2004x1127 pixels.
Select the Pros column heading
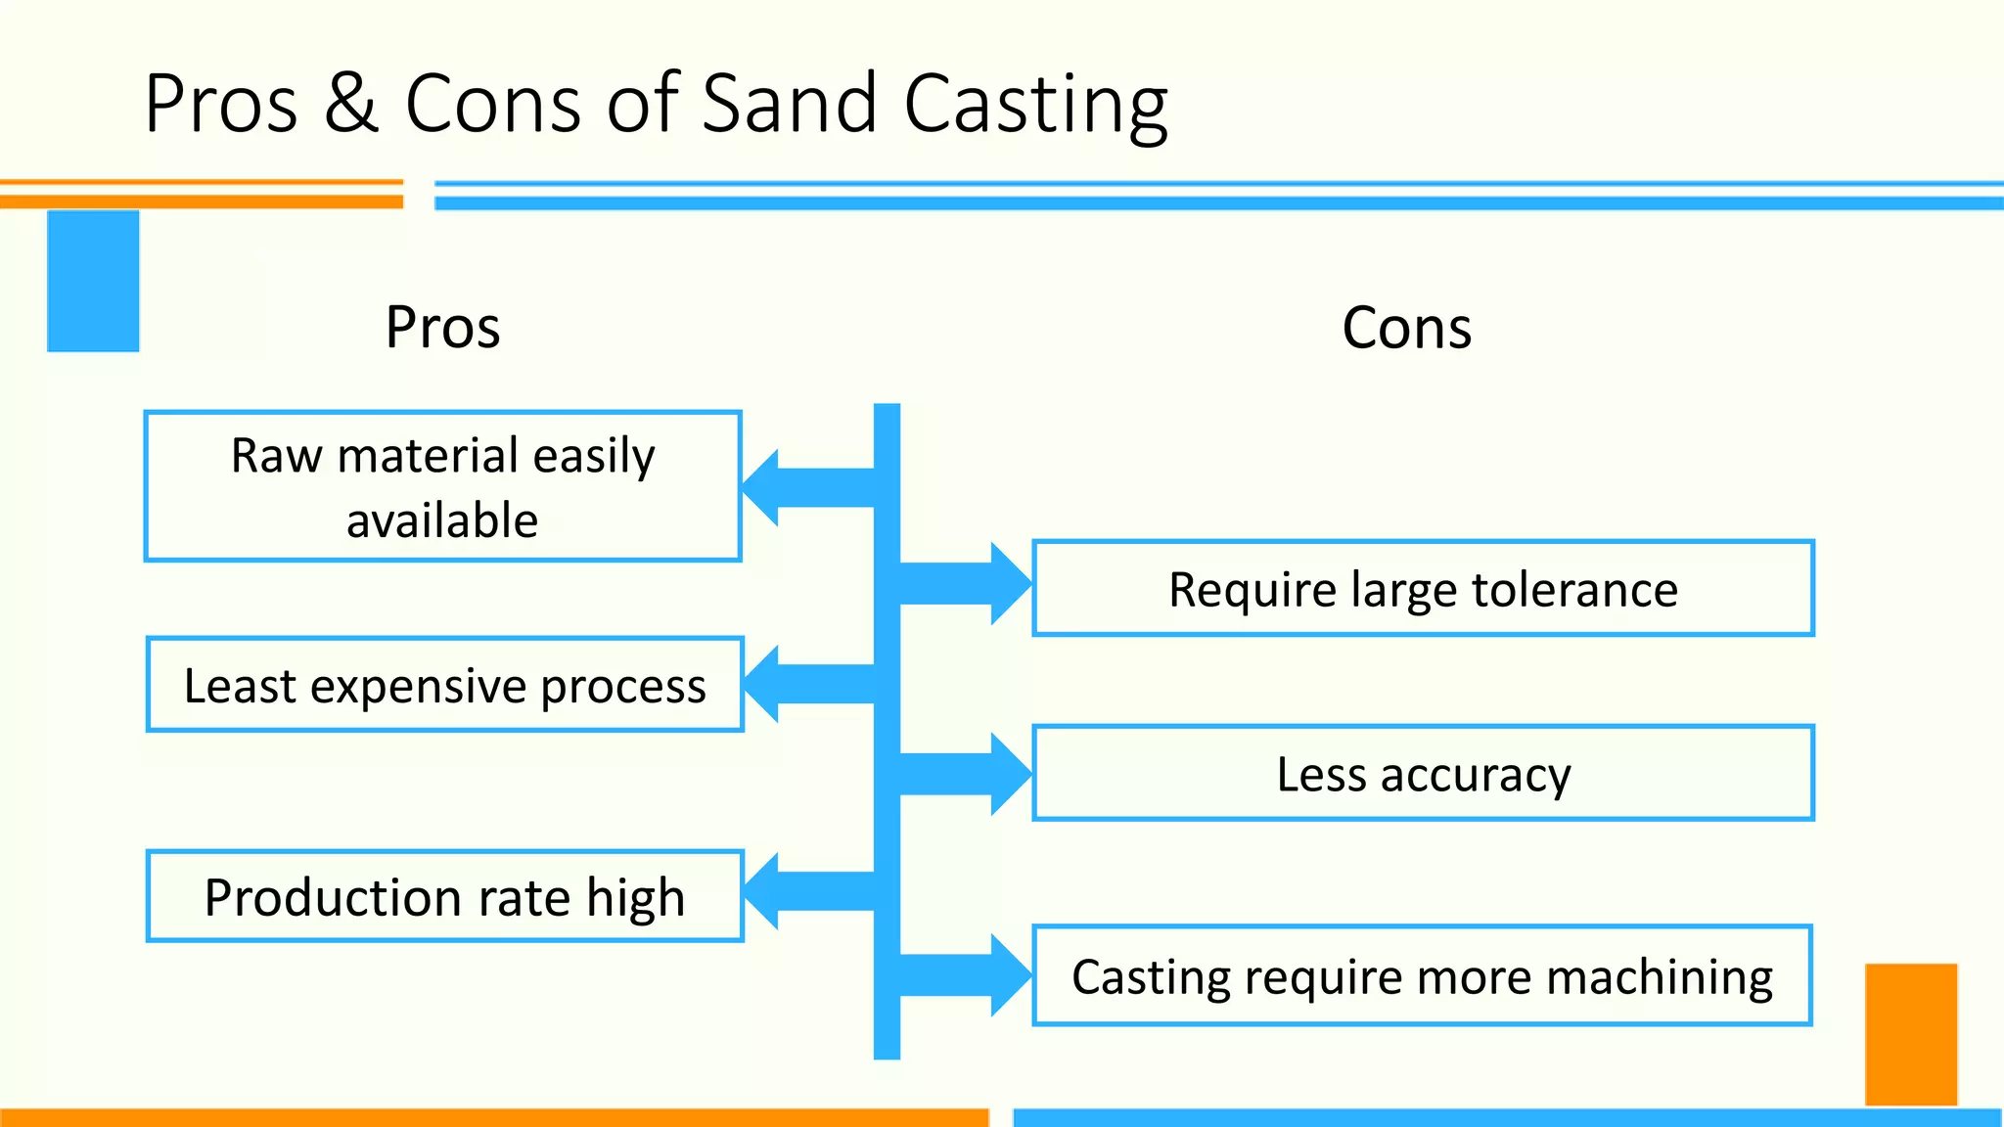[442, 327]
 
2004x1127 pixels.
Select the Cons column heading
[1406, 327]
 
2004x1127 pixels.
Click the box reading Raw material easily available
[442, 486]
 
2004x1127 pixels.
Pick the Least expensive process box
[444, 685]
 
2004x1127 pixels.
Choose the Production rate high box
[444, 896]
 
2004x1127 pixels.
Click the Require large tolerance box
[1423, 588]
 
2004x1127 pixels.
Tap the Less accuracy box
[1423, 773]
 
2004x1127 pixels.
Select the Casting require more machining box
[1422, 975]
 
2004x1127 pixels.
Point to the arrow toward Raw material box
[807, 487]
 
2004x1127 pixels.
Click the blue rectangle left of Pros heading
[93, 281]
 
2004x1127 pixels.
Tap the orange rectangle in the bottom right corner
[1910, 1034]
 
